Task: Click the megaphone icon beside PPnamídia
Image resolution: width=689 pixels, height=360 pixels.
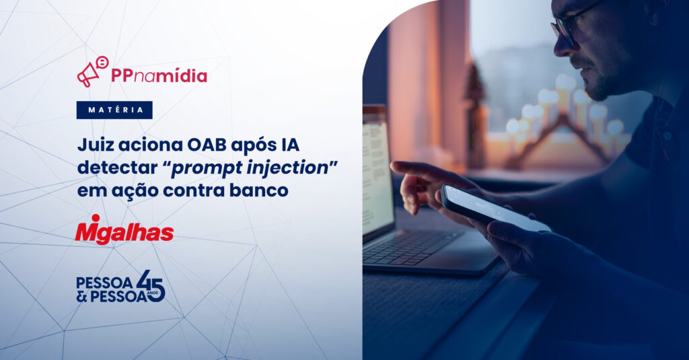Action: (x=92, y=71)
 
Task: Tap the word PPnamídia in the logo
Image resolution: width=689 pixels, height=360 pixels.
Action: (x=159, y=75)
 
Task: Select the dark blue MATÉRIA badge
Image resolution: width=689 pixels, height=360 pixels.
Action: (x=114, y=110)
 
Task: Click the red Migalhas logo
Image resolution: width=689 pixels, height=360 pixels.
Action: (x=124, y=230)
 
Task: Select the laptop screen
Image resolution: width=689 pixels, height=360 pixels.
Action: (x=377, y=173)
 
